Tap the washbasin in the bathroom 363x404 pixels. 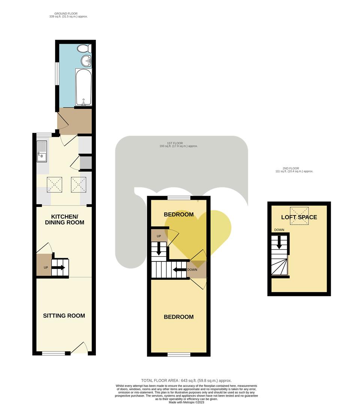[x=86, y=61]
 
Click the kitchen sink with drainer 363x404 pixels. [x=42, y=151]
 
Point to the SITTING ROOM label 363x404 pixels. [x=64, y=316]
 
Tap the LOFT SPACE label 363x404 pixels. [x=299, y=217]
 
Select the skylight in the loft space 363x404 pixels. [x=299, y=216]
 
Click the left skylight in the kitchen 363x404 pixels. [x=55, y=185]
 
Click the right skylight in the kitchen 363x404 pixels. [x=79, y=185]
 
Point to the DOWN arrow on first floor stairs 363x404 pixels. [x=179, y=269]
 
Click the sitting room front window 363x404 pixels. [x=54, y=353]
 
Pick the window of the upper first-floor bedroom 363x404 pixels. [x=178, y=198]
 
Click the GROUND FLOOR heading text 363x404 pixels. [x=66, y=13]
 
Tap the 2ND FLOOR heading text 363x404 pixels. [x=291, y=169]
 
